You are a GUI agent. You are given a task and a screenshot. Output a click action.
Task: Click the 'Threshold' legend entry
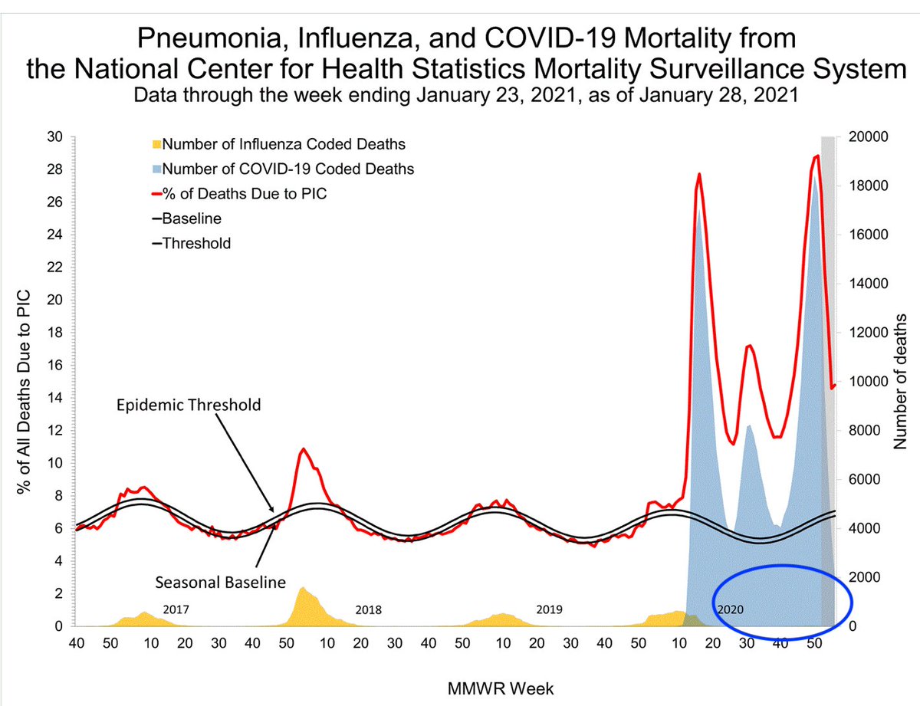pos(196,243)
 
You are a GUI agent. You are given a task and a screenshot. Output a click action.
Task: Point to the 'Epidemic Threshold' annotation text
pos(189,404)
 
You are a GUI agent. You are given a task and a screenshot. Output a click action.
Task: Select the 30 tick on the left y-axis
pos(57,138)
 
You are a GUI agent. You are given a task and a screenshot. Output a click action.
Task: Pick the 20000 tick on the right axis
pos(869,138)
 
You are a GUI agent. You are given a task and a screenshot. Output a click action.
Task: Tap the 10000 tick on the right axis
pos(869,382)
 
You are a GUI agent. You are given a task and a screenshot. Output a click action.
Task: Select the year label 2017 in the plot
pos(176,610)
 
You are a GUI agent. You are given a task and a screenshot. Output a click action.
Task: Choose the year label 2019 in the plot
pos(549,610)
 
